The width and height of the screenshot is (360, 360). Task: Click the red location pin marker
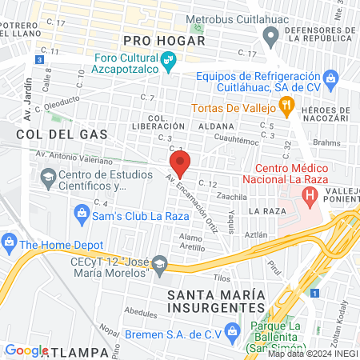coord(181,165)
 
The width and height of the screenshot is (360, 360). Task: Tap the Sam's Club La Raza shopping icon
coord(81,213)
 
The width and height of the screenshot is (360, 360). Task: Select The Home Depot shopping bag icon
coord(9,240)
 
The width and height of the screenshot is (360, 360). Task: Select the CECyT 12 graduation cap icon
coord(159,265)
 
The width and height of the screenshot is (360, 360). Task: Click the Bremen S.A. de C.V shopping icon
coord(231,330)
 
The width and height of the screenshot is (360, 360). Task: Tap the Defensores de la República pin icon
coord(270,35)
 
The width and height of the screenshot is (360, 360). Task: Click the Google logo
coord(26,350)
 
